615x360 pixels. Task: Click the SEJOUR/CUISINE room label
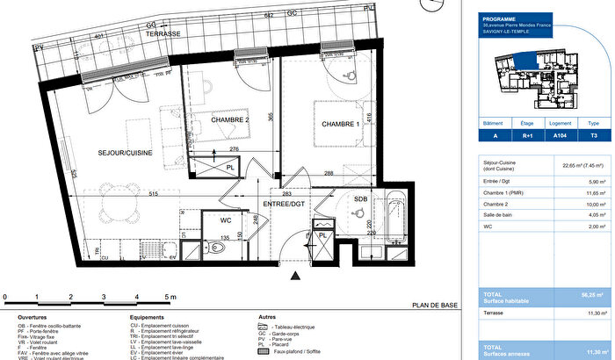pyautogui.click(x=125, y=153)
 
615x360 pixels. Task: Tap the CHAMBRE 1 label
pyautogui.click(x=341, y=124)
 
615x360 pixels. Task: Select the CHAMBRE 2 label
pyautogui.click(x=231, y=119)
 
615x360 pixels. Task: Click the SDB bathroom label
pyautogui.click(x=360, y=199)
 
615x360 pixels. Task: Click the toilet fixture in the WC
pyautogui.click(x=219, y=248)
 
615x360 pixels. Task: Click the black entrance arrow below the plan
pyautogui.click(x=294, y=277)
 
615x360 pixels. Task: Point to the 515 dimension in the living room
pyautogui.click(x=128, y=193)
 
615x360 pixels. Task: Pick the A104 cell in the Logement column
pyautogui.click(x=560, y=136)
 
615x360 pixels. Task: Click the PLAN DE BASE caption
pyautogui.click(x=435, y=306)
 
